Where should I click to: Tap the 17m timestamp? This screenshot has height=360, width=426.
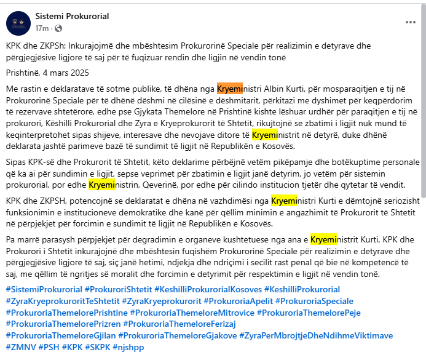coord(41,28)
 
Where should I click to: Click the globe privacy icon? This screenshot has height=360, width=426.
coord(58,28)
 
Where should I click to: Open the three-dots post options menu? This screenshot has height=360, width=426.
coord(410,22)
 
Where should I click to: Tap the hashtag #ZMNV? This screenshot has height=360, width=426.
coord(20,347)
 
